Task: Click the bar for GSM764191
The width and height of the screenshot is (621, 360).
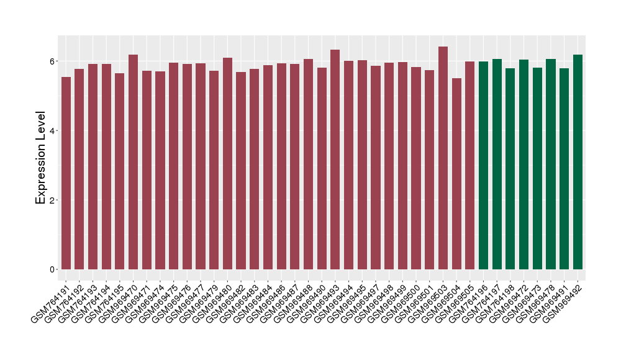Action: [66, 174]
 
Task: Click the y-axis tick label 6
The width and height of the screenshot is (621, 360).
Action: [53, 61]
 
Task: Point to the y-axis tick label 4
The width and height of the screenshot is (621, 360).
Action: [53, 131]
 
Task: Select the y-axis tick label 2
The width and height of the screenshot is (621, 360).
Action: [53, 200]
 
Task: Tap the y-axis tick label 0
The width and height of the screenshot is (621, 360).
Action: [53, 269]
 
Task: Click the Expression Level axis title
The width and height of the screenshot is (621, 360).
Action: [41, 158]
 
